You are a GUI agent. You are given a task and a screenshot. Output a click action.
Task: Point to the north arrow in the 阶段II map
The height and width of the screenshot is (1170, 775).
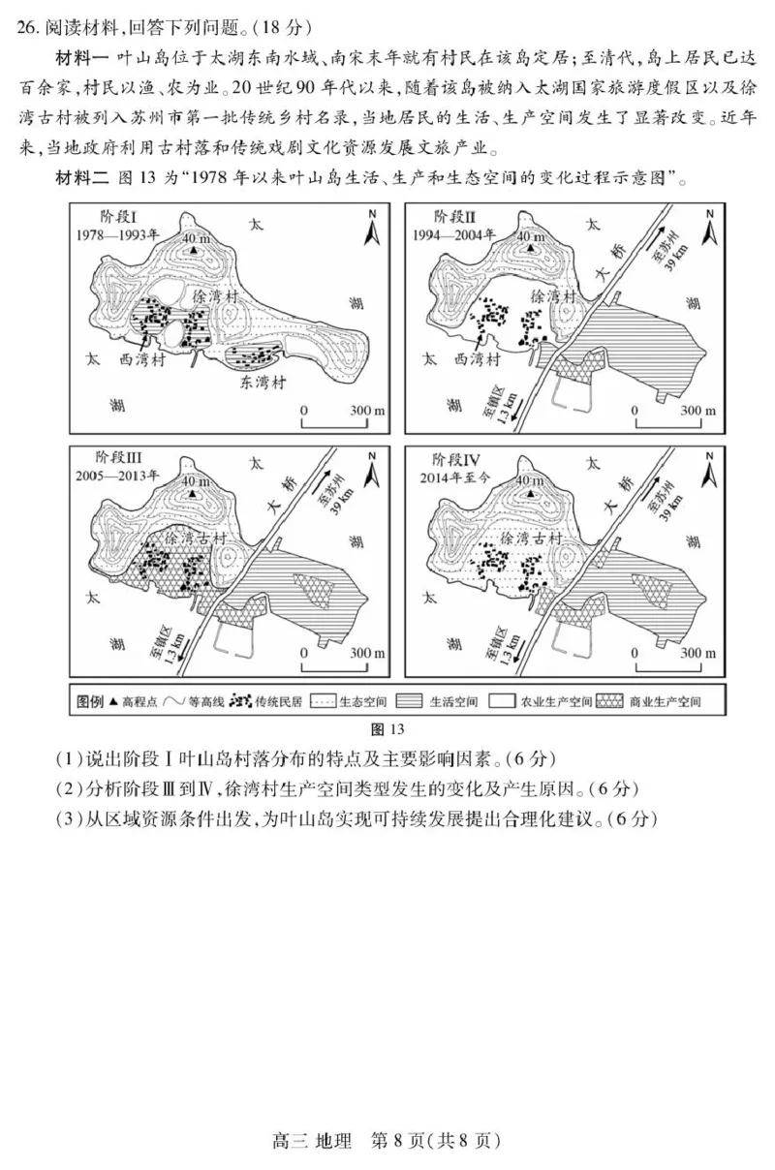[709, 229]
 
